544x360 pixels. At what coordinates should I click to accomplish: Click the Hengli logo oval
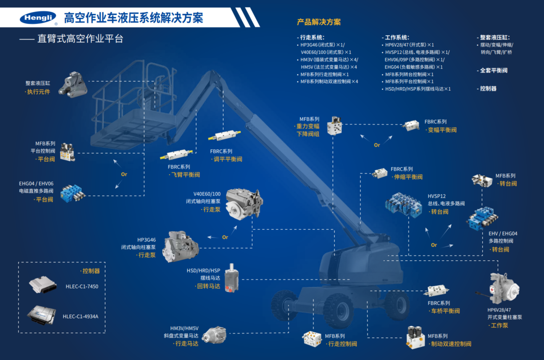coord(38,18)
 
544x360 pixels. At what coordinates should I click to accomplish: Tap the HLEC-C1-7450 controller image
coord(43,284)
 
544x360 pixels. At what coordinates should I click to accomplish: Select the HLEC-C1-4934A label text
coord(80,316)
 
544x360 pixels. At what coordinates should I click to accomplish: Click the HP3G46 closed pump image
coord(180,247)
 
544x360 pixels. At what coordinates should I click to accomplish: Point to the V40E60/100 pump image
coord(244,204)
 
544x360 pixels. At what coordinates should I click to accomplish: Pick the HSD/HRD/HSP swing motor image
coord(232,278)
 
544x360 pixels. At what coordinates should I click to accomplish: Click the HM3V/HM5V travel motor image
coord(214,335)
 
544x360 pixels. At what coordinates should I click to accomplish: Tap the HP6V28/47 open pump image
coord(501,288)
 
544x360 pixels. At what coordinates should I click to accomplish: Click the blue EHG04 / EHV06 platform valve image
coord(72,193)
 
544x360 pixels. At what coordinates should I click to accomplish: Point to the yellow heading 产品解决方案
coord(319,22)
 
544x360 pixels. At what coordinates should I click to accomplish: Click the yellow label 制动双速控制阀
coord(451,344)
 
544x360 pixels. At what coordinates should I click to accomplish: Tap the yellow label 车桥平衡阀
coord(445,311)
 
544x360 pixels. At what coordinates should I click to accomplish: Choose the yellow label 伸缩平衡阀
coord(408,177)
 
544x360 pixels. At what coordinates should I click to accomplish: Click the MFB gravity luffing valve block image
coord(334,126)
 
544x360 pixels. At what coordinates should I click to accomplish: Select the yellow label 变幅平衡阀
coord(442,130)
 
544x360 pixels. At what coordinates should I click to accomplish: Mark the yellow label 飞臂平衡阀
coord(185,175)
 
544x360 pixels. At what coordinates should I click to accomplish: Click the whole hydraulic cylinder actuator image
coord(72,84)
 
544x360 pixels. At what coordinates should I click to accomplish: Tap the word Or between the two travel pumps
coord(225,237)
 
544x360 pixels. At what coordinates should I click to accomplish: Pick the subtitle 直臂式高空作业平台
coord(80,39)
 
